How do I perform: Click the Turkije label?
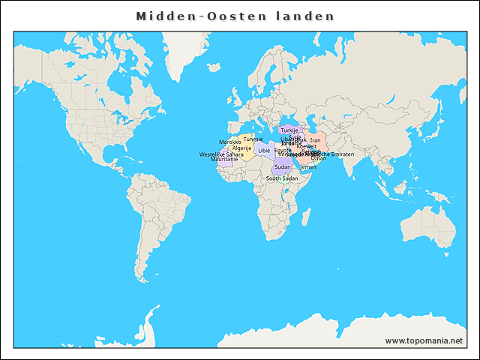[289, 130]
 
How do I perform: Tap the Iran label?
[315, 140]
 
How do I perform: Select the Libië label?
[263, 151]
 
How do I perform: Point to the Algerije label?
[241, 148]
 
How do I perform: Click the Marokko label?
[229, 142]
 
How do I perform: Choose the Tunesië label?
[253, 139]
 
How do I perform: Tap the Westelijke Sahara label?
[221, 154]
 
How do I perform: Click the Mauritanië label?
[224, 160]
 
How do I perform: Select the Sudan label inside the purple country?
[283, 166]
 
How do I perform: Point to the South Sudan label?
[282, 178]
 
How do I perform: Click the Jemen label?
[308, 166]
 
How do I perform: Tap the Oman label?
[319, 158]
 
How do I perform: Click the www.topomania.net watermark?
[424, 340]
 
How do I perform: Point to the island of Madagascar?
[307, 219]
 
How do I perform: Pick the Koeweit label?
[306, 146]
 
